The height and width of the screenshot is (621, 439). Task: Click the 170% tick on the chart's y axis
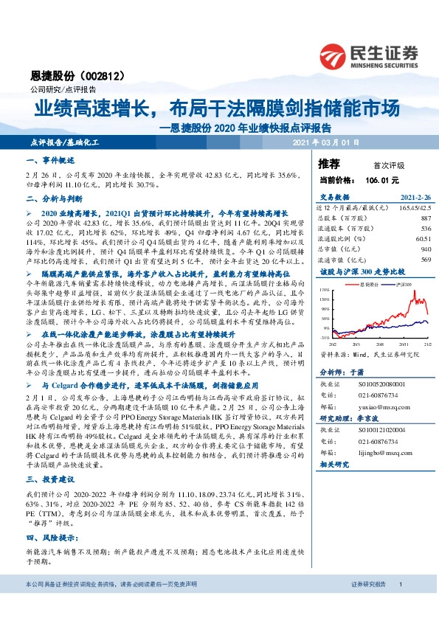324,292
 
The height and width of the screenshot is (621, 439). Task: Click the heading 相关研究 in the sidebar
334,466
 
